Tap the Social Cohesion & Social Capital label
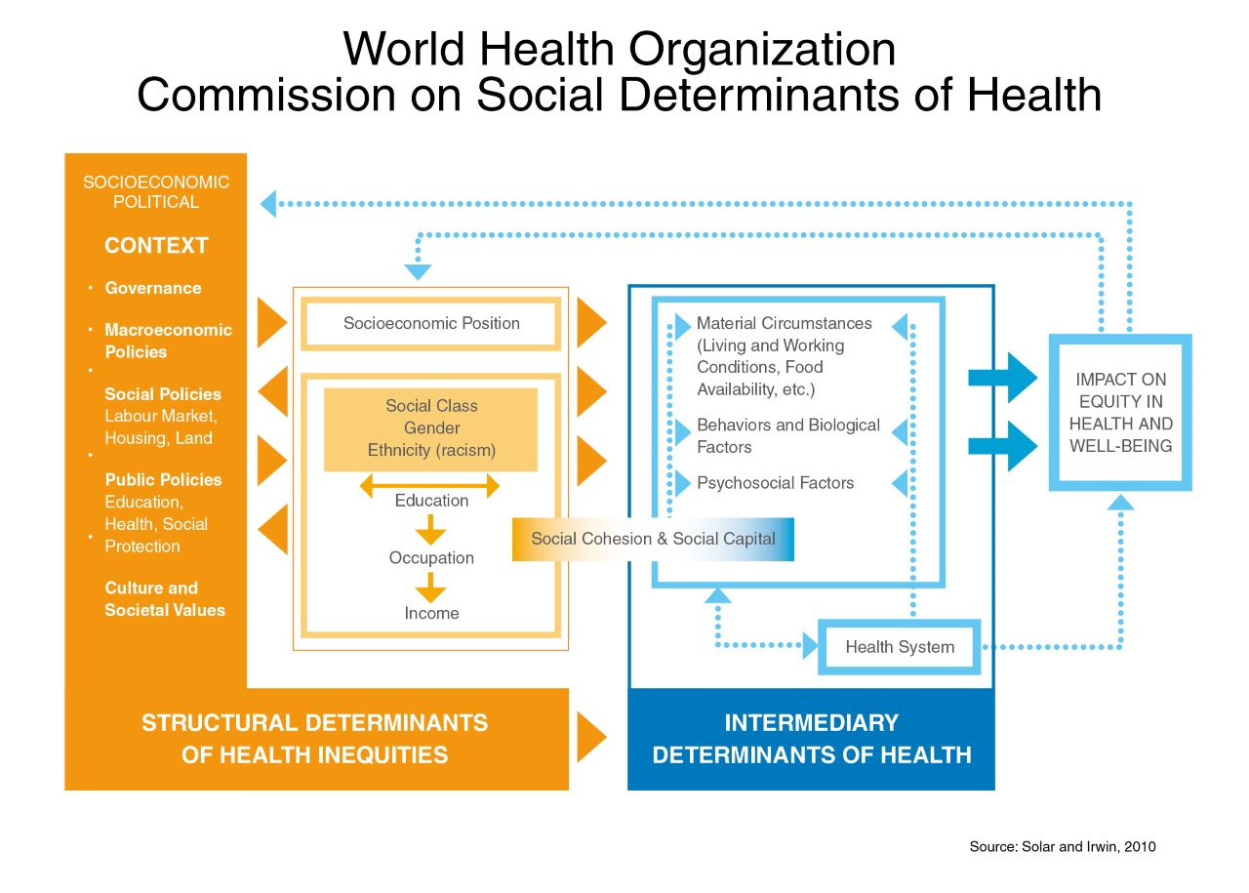653,539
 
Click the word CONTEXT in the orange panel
156,245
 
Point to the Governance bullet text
153,288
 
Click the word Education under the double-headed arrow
431,501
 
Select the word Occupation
431,558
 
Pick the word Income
431,613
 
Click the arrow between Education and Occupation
430,529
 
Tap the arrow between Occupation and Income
430,588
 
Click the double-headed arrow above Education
429,486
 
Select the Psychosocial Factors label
775,482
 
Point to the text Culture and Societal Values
165,598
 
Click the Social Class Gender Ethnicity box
430,429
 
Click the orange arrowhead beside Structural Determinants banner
591,738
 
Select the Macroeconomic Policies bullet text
169,341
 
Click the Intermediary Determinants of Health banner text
811,739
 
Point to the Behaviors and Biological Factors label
788,435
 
